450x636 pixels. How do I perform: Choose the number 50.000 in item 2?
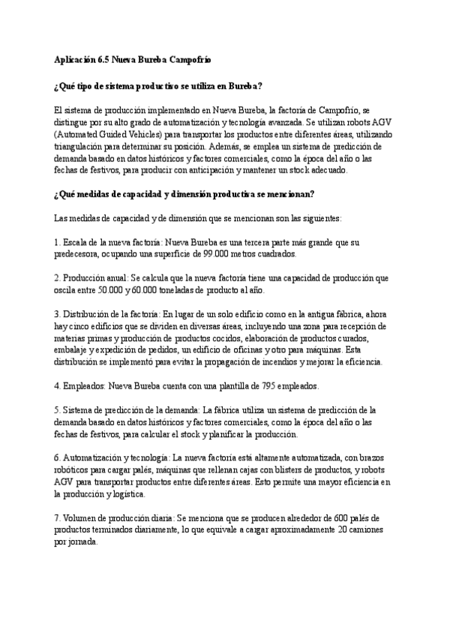coord(106,290)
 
